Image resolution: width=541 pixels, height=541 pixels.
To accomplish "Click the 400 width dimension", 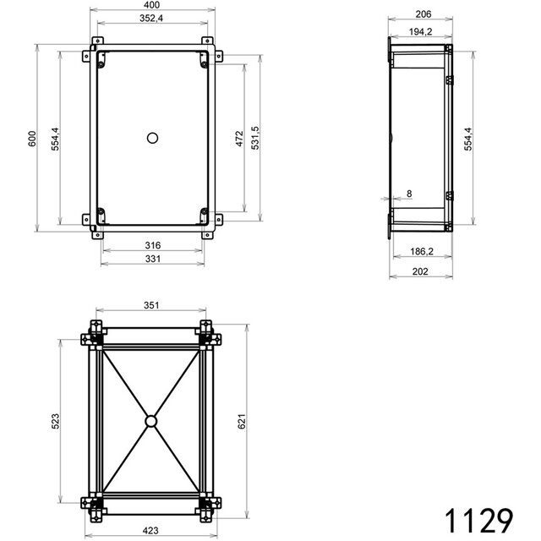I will (152, 6).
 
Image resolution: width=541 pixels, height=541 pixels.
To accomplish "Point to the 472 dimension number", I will (239, 137).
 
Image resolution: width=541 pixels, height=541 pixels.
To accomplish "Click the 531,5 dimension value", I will (254, 137).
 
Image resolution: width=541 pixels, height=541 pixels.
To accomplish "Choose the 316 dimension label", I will (152, 245).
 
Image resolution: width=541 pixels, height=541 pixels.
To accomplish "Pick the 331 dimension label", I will (152, 259).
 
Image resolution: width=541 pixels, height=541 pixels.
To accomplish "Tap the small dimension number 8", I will (409, 194).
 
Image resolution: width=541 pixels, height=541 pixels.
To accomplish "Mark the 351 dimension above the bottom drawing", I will (151, 306).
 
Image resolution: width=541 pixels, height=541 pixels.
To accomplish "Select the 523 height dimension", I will (55, 420).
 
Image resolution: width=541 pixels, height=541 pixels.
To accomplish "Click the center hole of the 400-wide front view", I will (152, 137).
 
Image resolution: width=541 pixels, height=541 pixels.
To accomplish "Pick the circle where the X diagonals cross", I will (151, 420).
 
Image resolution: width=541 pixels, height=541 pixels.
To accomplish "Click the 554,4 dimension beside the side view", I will (467, 137).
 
